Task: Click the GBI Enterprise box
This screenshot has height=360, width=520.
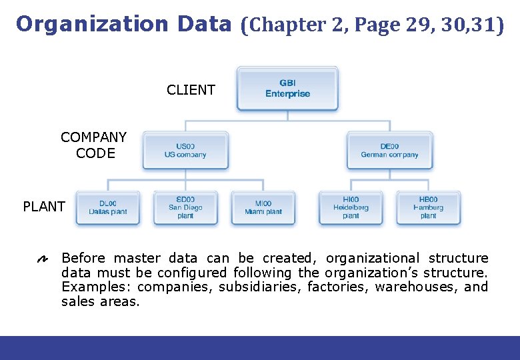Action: click(287, 88)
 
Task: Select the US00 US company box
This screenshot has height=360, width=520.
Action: click(185, 150)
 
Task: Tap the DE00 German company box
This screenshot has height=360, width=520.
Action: click(389, 150)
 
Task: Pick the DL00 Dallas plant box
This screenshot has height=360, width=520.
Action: click(108, 207)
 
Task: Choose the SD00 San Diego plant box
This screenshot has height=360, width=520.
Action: click(185, 207)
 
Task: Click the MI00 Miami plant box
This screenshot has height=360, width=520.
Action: click(264, 207)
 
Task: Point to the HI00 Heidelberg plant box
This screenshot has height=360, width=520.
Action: click(351, 207)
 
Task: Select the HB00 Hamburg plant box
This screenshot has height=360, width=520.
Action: click(428, 207)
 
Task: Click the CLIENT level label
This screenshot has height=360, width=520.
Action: click(191, 90)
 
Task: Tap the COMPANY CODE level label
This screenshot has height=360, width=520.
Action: click(93, 145)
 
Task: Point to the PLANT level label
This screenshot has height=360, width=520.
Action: click(44, 207)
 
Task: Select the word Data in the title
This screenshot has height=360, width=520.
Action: click(204, 25)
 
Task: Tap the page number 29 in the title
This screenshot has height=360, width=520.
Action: click(413, 26)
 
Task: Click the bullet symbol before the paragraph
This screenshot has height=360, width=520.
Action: click(42, 259)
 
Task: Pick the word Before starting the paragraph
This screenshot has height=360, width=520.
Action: click(84, 258)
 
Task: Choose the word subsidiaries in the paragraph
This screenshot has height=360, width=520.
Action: click(261, 287)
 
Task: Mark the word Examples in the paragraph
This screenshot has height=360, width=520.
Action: click(95, 287)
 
